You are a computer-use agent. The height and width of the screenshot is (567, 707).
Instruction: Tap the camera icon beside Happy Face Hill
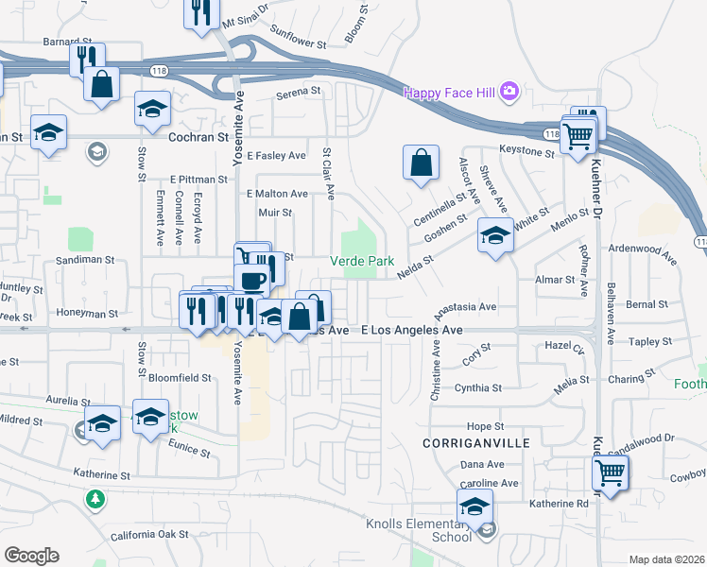point(510,92)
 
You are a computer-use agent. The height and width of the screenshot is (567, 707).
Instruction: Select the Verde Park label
point(361,261)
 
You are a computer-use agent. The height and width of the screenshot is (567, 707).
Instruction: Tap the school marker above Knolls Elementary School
point(474,507)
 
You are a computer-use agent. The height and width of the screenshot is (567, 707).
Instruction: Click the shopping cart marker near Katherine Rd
point(611,472)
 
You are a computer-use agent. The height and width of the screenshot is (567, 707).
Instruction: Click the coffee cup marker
point(252,280)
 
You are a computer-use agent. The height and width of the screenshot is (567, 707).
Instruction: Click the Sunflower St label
point(298,44)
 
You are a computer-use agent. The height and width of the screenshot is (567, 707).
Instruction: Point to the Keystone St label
point(526,151)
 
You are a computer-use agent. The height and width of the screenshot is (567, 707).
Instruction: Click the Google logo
point(31,556)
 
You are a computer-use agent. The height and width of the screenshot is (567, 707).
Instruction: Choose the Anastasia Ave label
point(465,307)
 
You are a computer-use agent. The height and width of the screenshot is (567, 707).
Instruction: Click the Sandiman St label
point(84,259)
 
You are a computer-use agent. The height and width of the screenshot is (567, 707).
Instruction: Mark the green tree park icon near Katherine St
point(95,498)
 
